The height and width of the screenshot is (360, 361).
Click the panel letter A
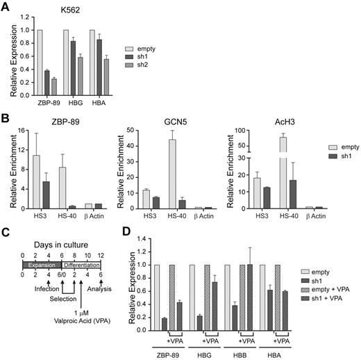click(6, 6)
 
